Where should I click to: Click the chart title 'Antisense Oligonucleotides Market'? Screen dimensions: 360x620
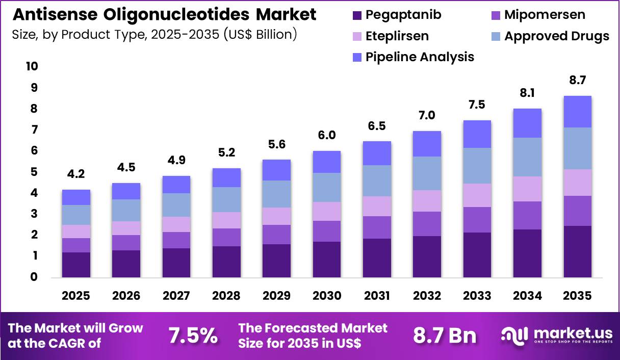click(x=164, y=14)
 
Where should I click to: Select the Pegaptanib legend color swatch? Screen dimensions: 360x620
click(x=356, y=15)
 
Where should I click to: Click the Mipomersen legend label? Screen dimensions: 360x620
click(x=545, y=15)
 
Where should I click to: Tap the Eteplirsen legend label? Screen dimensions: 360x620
click(x=397, y=36)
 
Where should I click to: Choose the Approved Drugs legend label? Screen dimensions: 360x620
click(x=556, y=36)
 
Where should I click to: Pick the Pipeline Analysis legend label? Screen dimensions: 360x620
click(x=420, y=57)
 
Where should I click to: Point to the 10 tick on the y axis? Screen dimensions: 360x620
click(x=32, y=67)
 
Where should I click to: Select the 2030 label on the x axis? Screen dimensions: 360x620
click(x=326, y=296)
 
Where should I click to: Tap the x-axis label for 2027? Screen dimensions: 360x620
click(x=176, y=296)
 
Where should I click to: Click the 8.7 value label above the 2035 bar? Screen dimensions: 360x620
click(x=577, y=80)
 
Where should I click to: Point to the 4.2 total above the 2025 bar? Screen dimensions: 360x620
click(x=76, y=175)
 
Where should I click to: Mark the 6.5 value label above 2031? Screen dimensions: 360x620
click(x=376, y=126)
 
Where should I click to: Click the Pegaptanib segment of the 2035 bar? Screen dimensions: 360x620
click(x=577, y=252)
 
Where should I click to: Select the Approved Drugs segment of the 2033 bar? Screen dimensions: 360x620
click(x=477, y=166)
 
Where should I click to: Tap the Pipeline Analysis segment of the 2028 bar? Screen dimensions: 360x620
click(x=226, y=177)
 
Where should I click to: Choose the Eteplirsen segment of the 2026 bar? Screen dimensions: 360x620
click(x=126, y=228)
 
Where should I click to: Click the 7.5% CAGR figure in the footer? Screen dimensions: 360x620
click(x=193, y=336)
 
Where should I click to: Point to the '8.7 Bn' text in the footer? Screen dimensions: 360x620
click(x=444, y=336)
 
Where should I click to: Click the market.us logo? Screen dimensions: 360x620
click(x=557, y=336)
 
